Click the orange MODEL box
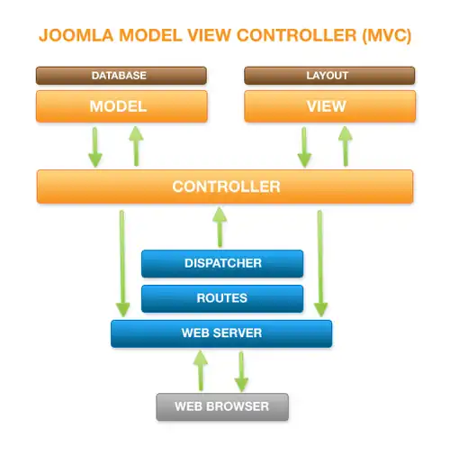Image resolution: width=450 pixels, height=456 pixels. click(121, 106)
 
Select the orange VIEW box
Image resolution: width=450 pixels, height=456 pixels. click(329, 106)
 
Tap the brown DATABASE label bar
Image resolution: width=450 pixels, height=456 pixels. click(121, 76)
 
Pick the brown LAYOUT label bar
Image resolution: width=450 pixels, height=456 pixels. click(329, 76)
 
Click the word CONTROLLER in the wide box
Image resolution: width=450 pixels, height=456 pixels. click(226, 187)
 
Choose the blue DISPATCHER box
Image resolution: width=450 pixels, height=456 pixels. click(222, 263)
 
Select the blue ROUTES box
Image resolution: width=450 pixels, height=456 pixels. click(222, 297)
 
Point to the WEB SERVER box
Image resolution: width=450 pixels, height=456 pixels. click(221, 333)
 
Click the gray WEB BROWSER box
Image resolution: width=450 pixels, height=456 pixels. click(221, 406)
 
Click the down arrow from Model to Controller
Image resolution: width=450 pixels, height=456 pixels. click(95, 146)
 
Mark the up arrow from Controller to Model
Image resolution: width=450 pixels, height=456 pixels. click(135, 146)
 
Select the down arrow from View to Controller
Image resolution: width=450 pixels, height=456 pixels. click(304, 146)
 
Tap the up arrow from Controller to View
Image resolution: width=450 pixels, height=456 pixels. click(344, 146)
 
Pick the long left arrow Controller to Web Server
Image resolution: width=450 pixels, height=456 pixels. click(121, 261)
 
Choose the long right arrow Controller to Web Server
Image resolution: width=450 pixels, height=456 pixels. click(321, 261)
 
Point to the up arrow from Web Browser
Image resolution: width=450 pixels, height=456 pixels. click(202, 369)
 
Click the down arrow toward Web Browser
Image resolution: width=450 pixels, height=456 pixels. click(241, 369)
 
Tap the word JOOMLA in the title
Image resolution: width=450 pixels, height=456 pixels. click(73, 37)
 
